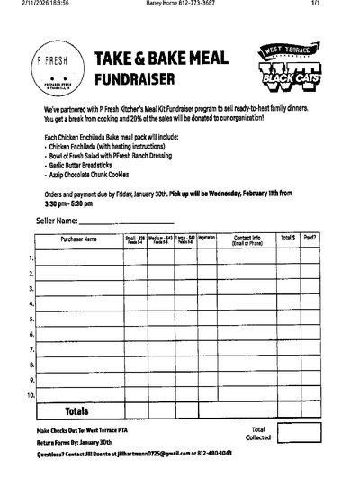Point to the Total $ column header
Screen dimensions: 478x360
pyautogui.click(x=287, y=239)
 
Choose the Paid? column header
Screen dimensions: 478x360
pyautogui.click(x=310, y=239)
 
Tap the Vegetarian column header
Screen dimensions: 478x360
pyautogui.click(x=206, y=239)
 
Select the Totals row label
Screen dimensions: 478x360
pyautogui.click(x=76, y=410)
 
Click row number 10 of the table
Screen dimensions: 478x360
pyautogui.click(x=31, y=395)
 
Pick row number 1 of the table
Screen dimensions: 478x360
pyautogui.click(x=31, y=258)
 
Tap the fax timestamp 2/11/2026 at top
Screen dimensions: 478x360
pyautogui.click(x=28, y=5)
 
